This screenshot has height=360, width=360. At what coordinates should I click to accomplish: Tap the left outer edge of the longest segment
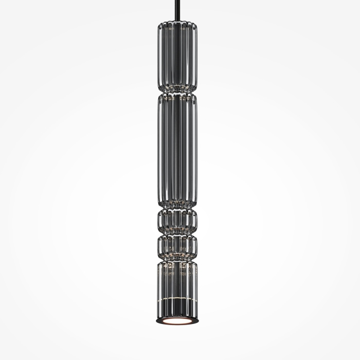[157, 149]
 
